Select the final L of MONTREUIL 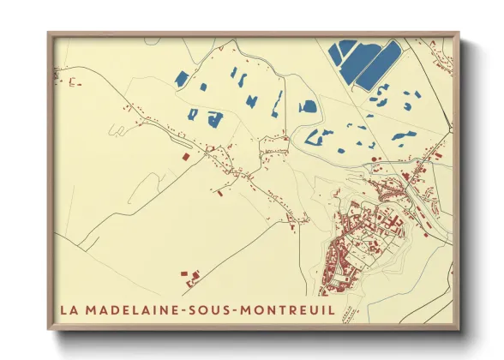[x=332, y=308]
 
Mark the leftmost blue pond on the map [x=181, y=79]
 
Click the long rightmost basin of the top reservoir [x=377, y=66]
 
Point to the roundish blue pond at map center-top [x=307, y=107]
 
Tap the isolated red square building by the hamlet [x=184, y=158]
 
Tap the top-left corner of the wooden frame [x=49, y=34]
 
